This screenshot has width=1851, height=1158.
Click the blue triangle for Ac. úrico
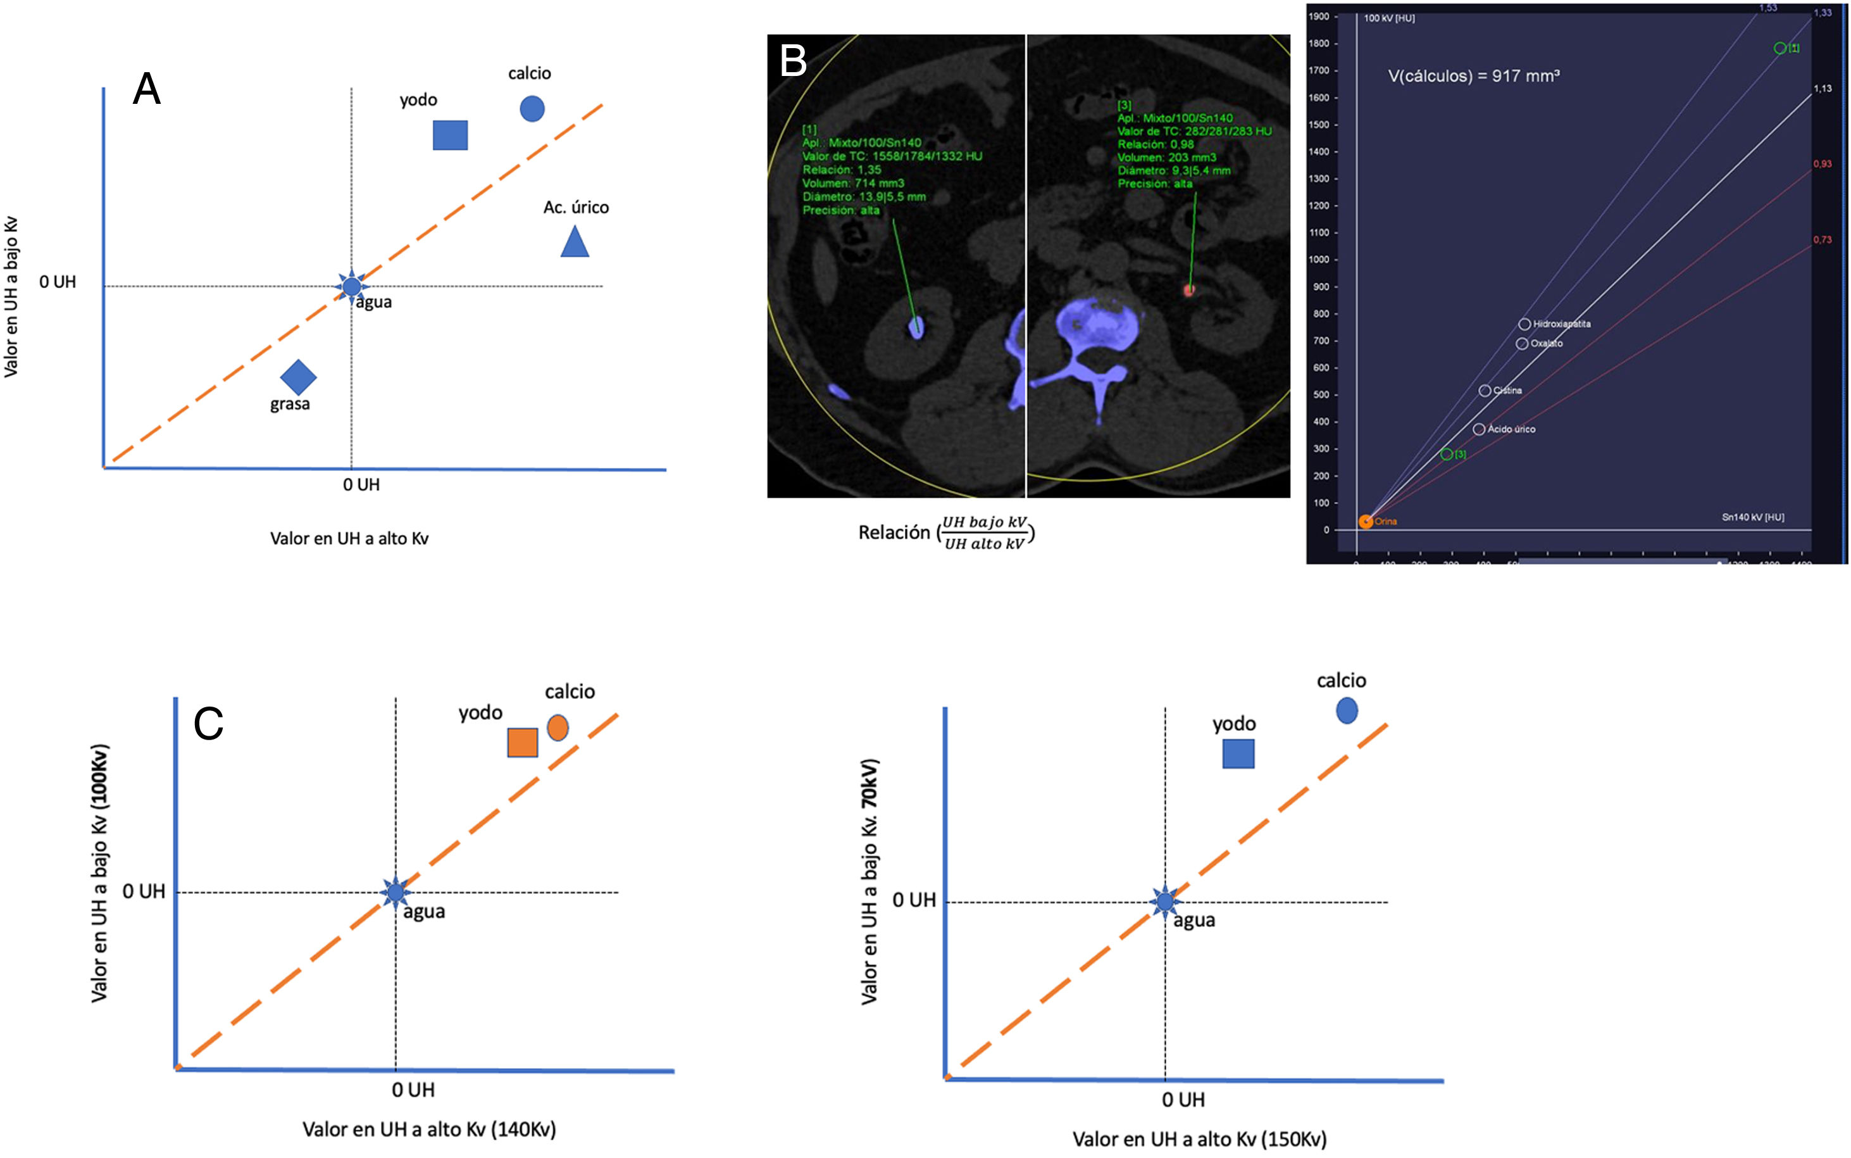coord(574,242)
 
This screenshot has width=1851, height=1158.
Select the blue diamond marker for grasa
coord(298,377)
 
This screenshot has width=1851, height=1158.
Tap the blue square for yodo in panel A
coord(450,135)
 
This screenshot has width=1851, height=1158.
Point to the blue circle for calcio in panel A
coord(532,109)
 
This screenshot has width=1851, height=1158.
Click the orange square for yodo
coord(522,742)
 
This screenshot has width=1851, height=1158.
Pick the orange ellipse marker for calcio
coord(558,727)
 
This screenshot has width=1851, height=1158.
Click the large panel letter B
coord(793,61)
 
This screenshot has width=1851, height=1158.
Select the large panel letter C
coord(208,724)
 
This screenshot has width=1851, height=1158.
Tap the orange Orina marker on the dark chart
coord(1366,522)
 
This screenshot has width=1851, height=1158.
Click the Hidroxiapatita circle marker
coord(1524,325)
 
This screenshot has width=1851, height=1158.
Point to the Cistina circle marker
coord(1485,391)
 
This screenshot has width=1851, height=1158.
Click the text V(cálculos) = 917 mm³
coord(1474,76)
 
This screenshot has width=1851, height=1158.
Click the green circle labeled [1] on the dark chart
coord(1779,48)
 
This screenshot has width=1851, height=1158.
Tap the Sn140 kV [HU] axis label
coord(1752,518)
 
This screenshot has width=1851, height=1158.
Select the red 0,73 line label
coord(1822,240)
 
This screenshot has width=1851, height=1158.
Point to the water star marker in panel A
coord(351,286)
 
